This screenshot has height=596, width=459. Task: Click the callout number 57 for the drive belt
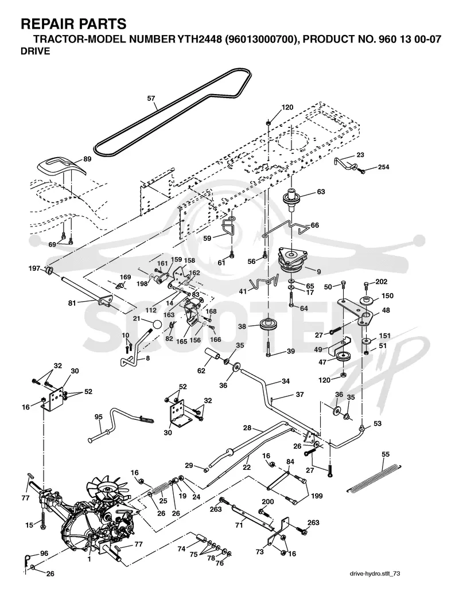151,99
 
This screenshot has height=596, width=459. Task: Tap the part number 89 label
87,159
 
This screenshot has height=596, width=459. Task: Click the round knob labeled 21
155,326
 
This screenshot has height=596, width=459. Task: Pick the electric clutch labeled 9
291,260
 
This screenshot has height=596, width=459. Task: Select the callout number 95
99,417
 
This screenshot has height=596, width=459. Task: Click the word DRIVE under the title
36,51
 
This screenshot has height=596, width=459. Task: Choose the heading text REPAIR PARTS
73,24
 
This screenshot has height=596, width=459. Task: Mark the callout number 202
381,282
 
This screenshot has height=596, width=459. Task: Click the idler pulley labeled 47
344,358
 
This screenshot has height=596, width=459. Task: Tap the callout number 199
316,496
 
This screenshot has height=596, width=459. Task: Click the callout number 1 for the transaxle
89,559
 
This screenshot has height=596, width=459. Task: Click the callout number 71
239,525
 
